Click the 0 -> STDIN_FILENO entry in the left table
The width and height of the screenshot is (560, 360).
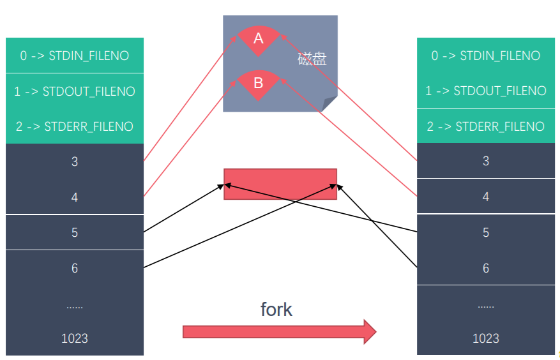[75, 56]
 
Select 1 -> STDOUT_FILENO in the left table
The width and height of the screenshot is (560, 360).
[75, 91]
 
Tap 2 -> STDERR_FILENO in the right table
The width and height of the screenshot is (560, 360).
[486, 126]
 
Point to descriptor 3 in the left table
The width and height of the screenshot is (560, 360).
[75, 161]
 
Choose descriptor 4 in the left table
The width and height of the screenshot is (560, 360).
[75, 197]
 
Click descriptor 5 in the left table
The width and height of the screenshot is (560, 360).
[75, 232]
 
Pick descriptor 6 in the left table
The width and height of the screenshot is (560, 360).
[75, 268]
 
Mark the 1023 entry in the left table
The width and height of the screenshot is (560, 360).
[75, 338]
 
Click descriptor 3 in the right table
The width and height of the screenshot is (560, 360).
[486, 161]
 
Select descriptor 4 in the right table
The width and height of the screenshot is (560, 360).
[486, 197]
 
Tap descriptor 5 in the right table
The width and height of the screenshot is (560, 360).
[486, 232]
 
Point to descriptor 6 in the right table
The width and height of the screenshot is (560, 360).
[486, 268]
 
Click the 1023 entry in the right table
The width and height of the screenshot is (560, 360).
[486, 338]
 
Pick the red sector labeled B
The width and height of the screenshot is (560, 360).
[258, 83]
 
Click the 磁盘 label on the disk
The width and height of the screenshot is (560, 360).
[312, 59]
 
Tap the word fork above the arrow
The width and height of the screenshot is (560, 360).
[276, 310]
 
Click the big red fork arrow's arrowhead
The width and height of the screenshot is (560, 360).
[369, 332]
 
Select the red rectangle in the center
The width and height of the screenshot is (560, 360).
[280, 184]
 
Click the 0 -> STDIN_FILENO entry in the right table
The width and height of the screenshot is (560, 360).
[486, 56]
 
